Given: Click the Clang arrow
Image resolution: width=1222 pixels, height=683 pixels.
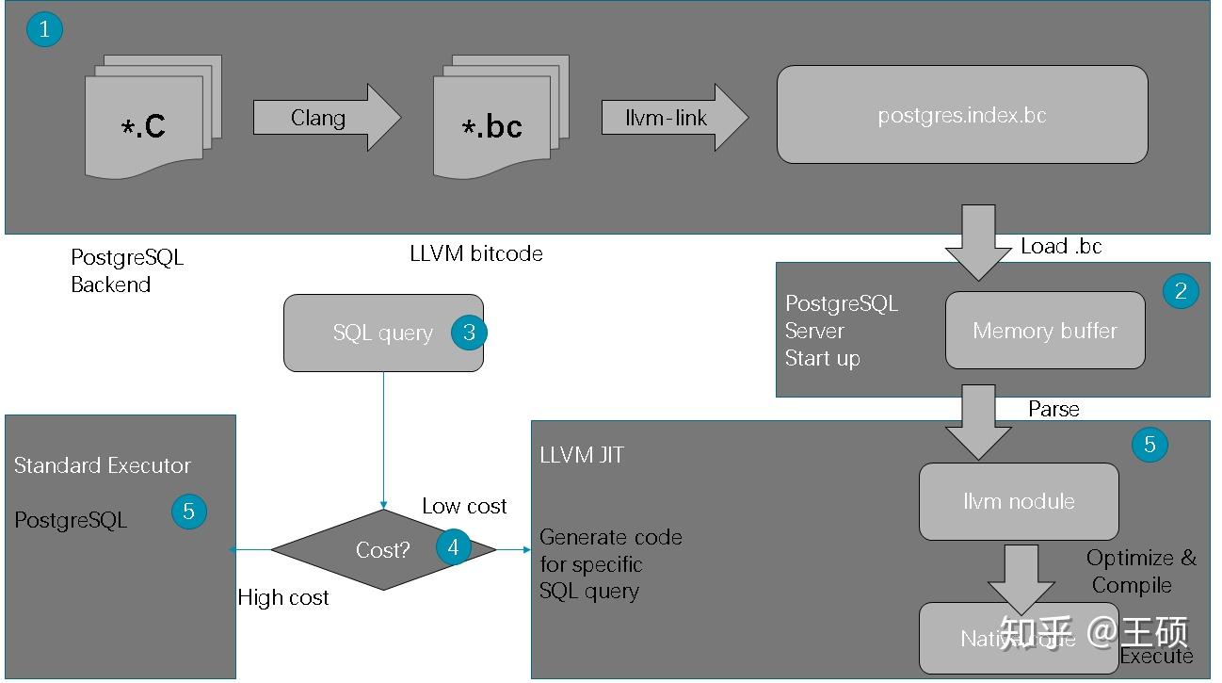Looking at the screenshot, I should (x=325, y=119).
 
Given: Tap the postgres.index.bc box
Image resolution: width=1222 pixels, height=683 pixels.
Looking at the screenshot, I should (x=961, y=115).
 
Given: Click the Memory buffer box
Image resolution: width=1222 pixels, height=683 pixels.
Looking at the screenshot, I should (x=1044, y=331).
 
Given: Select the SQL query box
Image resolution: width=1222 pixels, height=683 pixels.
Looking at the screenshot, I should (x=382, y=333).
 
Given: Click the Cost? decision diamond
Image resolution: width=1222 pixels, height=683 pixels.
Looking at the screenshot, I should (x=382, y=550).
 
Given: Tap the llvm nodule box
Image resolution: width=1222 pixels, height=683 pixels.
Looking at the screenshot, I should (x=1019, y=501).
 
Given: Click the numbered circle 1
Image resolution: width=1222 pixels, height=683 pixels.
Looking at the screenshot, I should (x=44, y=29).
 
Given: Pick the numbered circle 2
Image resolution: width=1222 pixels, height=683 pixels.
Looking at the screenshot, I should (x=1181, y=290).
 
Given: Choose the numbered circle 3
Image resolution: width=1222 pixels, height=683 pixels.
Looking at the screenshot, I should (x=469, y=333).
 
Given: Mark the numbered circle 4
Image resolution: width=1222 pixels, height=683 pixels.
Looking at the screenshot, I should (x=454, y=547).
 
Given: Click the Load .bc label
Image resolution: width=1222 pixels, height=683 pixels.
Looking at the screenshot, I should (x=1061, y=247).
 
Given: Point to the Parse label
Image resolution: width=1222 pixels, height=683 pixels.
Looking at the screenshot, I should (x=1053, y=409).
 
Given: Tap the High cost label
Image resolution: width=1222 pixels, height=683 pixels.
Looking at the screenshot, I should (x=283, y=597).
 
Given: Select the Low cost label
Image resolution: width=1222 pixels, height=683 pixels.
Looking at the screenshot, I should (x=464, y=506).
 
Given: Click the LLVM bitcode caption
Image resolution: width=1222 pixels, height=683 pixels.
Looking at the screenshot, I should (x=476, y=253).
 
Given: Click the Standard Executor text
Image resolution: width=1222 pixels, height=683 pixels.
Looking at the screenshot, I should (x=102, y=465).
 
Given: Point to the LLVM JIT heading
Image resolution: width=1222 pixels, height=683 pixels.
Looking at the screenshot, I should (x=581, y=456).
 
